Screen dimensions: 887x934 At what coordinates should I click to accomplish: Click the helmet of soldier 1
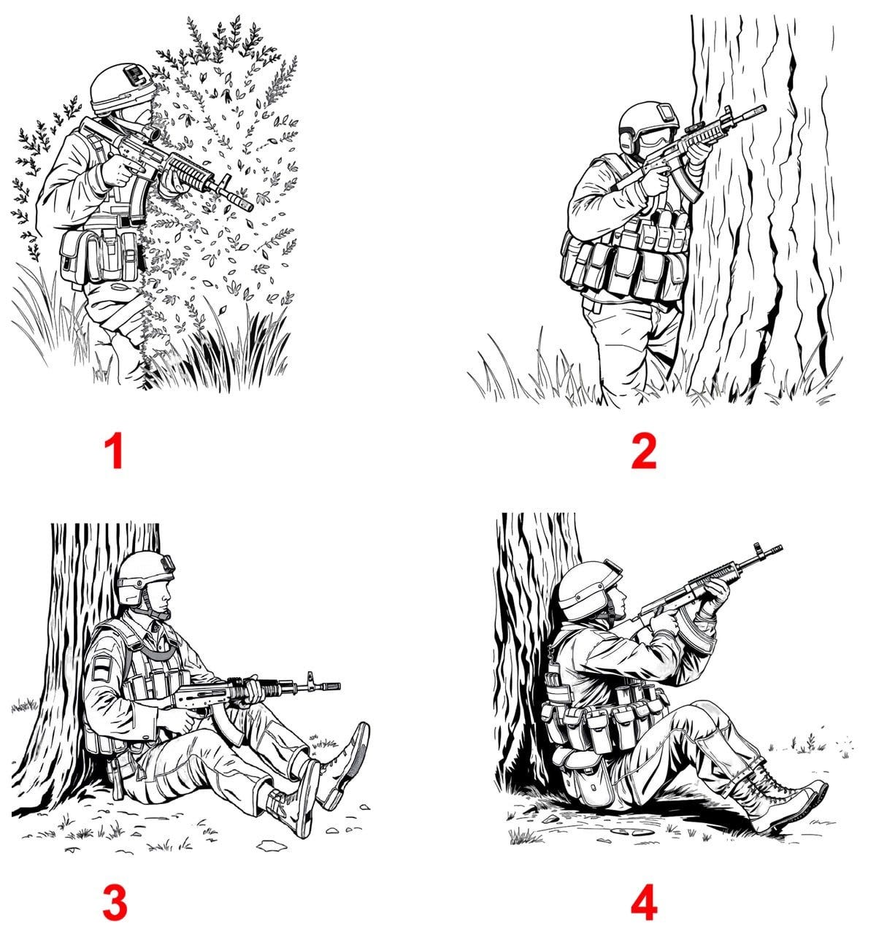120,88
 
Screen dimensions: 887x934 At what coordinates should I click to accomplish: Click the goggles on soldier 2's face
654,137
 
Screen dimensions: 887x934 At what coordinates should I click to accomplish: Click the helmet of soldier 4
588,590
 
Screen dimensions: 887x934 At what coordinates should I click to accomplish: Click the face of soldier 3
161,597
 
